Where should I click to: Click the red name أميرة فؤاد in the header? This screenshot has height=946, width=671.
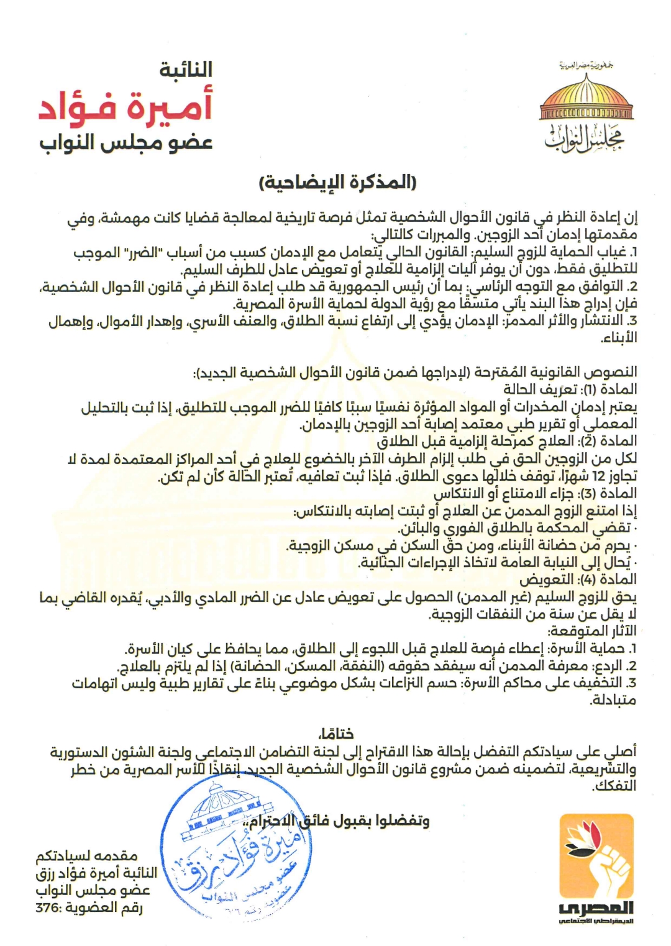[126, 106]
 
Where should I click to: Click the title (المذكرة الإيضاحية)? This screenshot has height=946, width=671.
[337, 182]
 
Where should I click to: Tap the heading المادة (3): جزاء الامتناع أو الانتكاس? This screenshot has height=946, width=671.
[535, 494]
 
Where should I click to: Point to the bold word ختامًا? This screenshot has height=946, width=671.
[335, 734]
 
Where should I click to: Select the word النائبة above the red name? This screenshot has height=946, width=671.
[186, 70]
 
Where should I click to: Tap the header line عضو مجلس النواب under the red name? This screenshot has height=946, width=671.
[126, 142]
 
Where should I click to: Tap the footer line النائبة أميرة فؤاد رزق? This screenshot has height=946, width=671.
[96, 873]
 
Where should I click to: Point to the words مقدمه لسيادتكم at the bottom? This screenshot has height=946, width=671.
[86, 857]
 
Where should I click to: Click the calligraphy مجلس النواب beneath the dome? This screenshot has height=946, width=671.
[584, 138]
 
